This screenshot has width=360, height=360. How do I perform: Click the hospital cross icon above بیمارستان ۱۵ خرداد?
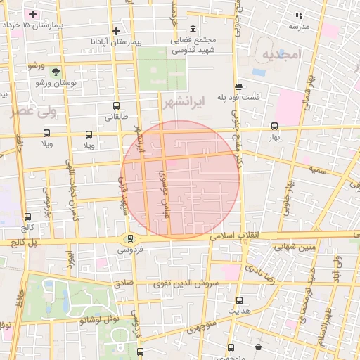(32, 14)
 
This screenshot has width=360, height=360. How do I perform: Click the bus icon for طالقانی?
(116, 107)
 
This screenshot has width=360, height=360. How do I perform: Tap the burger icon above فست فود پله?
(239, 86)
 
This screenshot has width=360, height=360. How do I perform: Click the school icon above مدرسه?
(298, 15)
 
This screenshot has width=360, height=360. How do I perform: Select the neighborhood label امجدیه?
(281, 54)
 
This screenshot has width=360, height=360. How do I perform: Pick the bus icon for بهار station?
(274, 127)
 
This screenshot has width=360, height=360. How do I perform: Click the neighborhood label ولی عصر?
(30, 111)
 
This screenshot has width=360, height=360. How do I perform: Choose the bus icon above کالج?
(27, 217)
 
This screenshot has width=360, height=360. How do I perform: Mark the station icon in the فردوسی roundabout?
(129, 238)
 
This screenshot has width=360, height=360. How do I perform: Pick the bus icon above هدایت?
(239, 300)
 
